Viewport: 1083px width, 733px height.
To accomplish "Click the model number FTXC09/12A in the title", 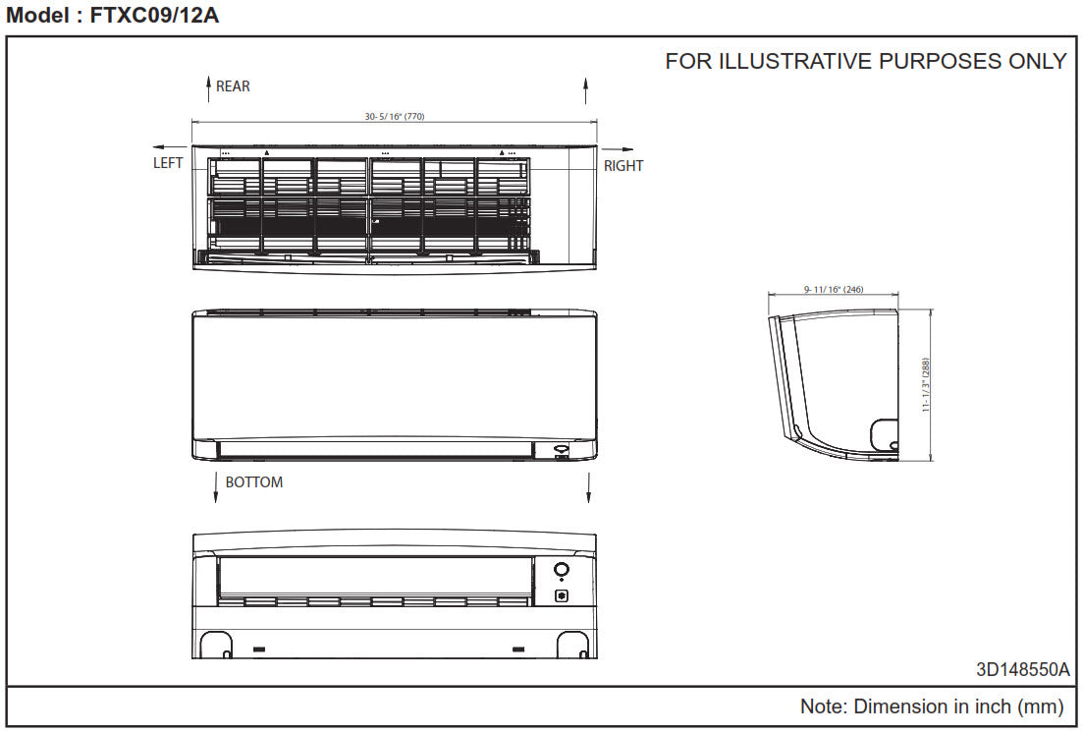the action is point(155,15).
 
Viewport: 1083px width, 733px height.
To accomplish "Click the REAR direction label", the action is point(233,86).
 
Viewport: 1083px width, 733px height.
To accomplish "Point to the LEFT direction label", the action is point(168,163).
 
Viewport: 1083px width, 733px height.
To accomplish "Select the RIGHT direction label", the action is point(623,166).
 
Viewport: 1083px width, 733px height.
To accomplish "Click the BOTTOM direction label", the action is point(254,482).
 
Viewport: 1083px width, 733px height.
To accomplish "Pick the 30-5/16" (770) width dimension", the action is point(395,116).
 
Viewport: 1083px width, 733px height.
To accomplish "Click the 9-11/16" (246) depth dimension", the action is point(834,289).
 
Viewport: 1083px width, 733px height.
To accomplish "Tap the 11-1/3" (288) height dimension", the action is point(926,385).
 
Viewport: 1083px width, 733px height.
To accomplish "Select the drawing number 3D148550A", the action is point(1023,669).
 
